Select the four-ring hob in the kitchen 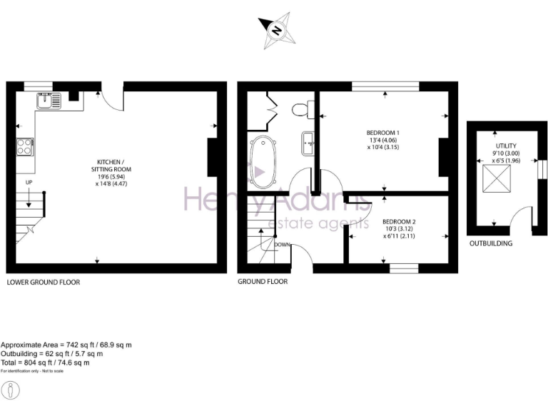pyautogui.click(x=24, y=146)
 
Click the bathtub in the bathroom pyautogui.click(x=264, y=162)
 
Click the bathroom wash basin pyautogui.click(x=308, y=142)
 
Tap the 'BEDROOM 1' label pyautogui.click(x=383, y=133)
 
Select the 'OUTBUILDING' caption pyautogui.click(x=491, y=243)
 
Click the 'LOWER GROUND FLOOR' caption pyautogui.click(x=43, y=282)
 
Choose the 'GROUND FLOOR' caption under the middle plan pyautogui.click(x=263, y=282)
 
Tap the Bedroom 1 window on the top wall pyautogui.click(x=385, y=86)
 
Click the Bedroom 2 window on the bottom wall pyautogui.click(x=403, y=268)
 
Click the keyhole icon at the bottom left pyautogui.click(x=12, y=390)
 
